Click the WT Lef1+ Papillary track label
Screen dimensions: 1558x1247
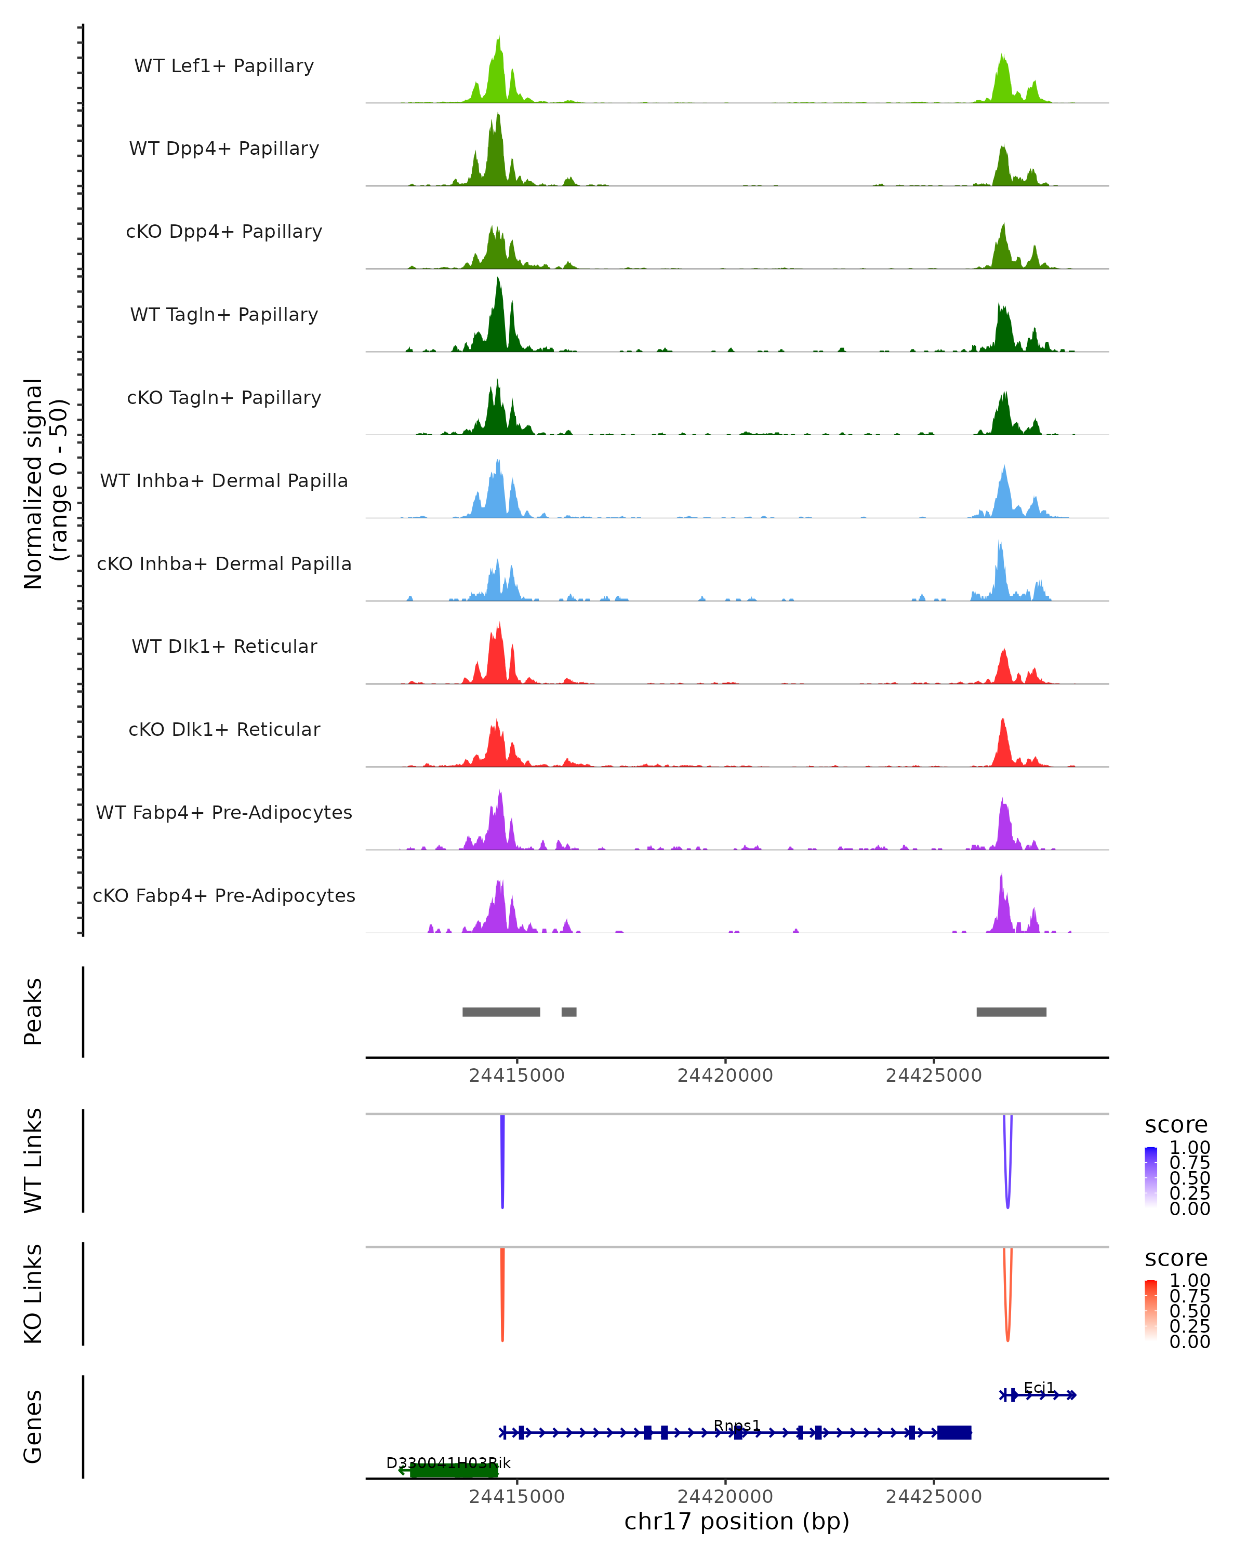pos(224,66)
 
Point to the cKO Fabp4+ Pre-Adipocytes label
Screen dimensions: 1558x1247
pos(224,895)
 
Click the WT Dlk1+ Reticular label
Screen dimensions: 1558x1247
pos(224,646)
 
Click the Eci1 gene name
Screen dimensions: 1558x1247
pos(1039,1388)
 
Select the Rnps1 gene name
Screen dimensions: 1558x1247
pos(737,1425)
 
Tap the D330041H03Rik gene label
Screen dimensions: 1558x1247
pos(448,1462)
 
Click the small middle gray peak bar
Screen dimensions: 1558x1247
pos(569,1012)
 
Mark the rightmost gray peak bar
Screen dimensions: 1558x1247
pos(1011,1012)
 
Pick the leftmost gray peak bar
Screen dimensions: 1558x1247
pos(501,1012)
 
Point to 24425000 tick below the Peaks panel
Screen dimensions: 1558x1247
pos(933,1076)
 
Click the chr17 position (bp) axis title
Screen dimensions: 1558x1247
pos(737,1522)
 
